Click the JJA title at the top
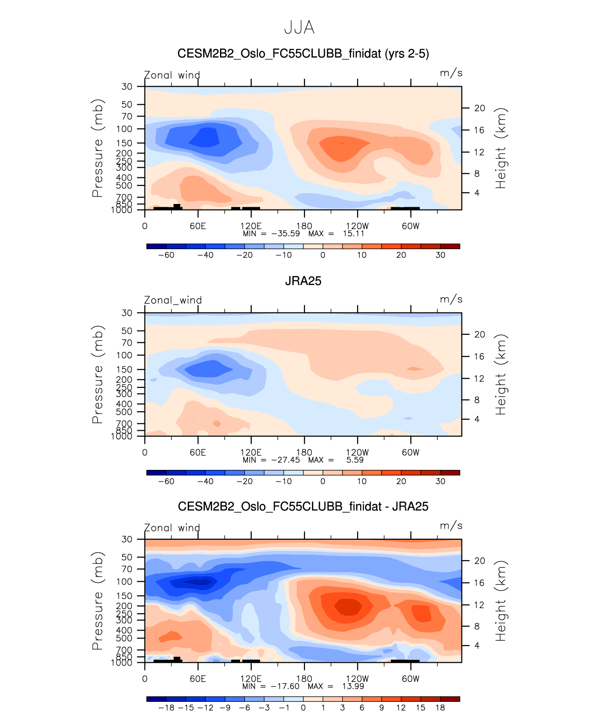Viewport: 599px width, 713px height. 299,28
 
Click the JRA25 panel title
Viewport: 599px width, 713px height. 303,281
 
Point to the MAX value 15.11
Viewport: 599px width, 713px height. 353,233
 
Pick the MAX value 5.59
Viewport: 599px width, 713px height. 355,460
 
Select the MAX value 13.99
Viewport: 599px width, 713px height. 353,686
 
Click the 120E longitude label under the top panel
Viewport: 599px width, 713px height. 251,226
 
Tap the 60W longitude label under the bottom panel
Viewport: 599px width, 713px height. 411,679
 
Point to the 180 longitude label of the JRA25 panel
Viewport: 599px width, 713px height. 304,452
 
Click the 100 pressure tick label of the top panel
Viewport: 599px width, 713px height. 124,129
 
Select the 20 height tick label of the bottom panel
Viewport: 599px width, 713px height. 480,561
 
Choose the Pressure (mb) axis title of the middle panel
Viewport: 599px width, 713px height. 97,374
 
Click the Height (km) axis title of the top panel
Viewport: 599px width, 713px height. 501,148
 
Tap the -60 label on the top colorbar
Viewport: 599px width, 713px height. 166,255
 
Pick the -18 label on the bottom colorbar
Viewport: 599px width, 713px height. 166,707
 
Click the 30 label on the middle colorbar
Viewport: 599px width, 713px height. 440,481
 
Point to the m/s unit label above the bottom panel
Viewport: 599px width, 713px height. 451,526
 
